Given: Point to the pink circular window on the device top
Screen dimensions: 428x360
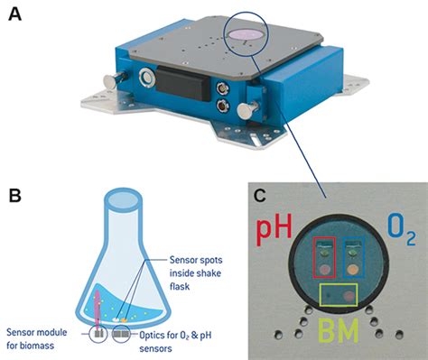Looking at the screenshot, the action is tap(245, 32).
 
